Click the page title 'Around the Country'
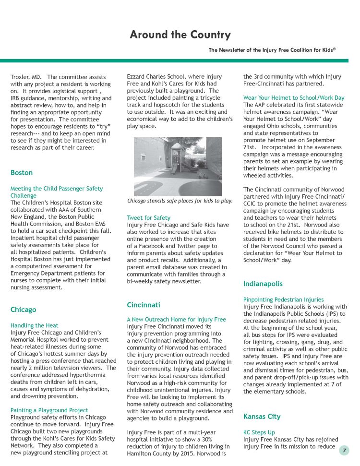click(180, 35)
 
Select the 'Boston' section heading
click(22, 172)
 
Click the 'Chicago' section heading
click(23, 310)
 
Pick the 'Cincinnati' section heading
click(144, 305)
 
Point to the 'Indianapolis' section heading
click(263, 284)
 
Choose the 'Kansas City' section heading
click(262, 416)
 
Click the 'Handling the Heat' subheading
click(35, 325)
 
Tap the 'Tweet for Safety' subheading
click(148, 217)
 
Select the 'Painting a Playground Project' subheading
click(49, 410)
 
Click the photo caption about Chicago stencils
click(179, 201)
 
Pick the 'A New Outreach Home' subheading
click(176, 319)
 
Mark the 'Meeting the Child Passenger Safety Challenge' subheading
click(57, 192)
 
